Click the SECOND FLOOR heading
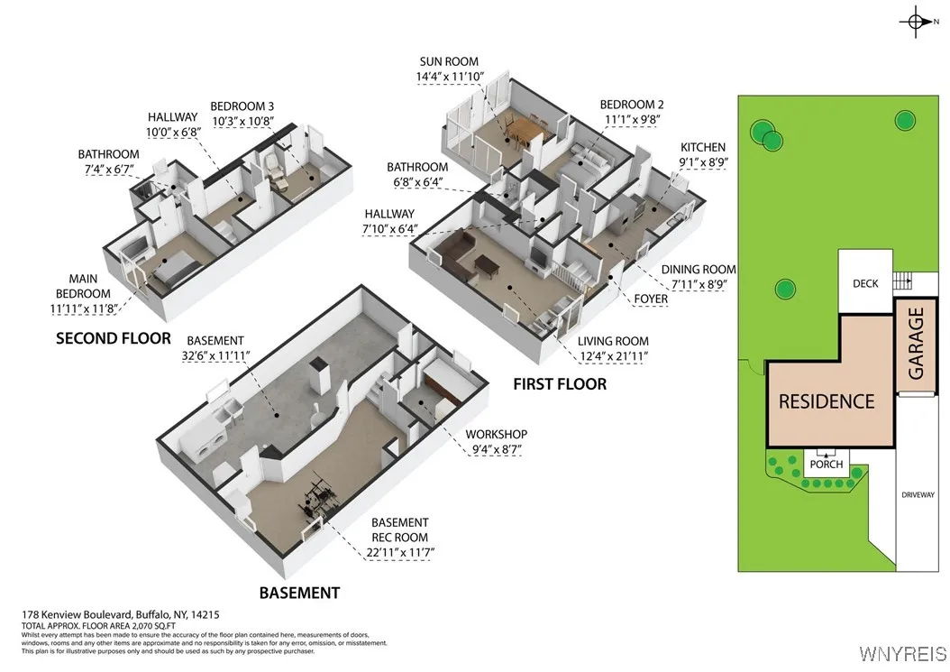pyautogui.click(x=113, y=338)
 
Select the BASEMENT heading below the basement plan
pyautogui.click(x=299, y=593)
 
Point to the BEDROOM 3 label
pyautogui.click(x=242, y=106)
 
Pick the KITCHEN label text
pyautogui.click(x=703, y=147)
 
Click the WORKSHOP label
pyautogui.click(x=496, y=434)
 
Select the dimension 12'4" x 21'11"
pyautogui.click(x=613, y=356)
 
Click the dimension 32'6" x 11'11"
pyautogui.click(x=214, y=355)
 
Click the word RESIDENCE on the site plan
pyautogui.click(x=827, y=401)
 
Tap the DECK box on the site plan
pyautogui.click(x=864, y=283)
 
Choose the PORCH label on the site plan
pyautogui.click(x=826, y=465)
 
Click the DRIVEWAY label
pyautogui.click(x=918, y=494)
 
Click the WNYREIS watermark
pyautogui.click(x=902, y=653)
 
